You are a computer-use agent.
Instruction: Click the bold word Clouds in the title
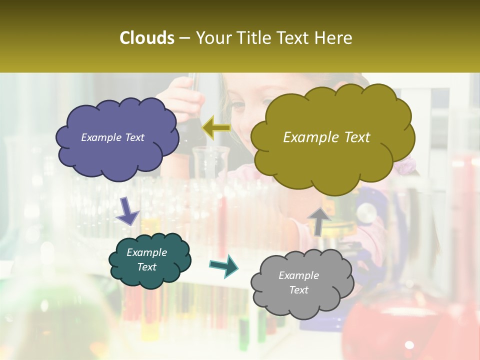pyautogui.click(x=147, y=38)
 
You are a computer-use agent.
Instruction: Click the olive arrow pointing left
pyautogui.click(x=216, y=127)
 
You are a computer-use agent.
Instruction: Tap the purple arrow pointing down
pyautogui.click(x=127, y=211)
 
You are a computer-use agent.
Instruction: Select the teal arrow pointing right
pyautogui.click(x=224, y=265)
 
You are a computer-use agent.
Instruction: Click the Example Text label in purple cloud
pyautogui.click(x=112, y=137)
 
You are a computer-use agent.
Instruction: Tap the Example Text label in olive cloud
pyautogui.click(x=326, y=137)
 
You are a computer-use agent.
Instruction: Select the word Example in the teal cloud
pyautogui.click(x=146, y=252)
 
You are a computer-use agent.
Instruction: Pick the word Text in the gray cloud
pyautogui.click(x=298, y=290)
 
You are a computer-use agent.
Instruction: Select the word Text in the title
pyautogui.click(x=297, y=38)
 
